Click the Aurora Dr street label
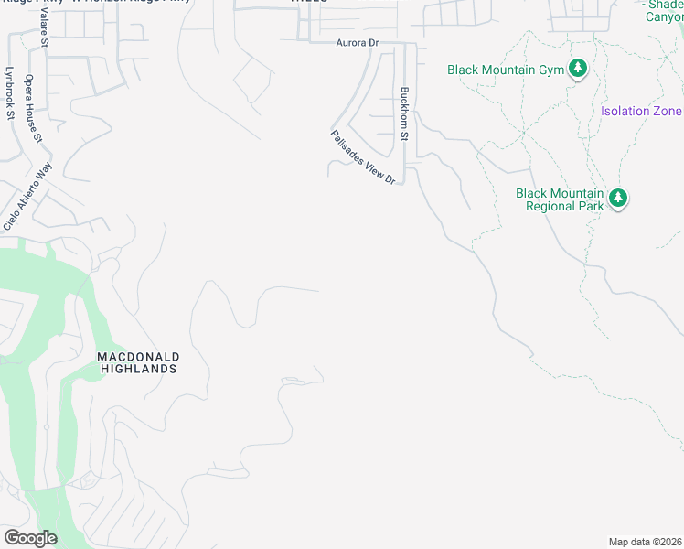[x=357, y=43]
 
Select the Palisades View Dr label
[x=363, y=156]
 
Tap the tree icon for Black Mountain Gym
[x=577, y=69]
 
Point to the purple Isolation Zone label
[x=641, y=112]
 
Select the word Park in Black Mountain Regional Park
[x=590, y=206]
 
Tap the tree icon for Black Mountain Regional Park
[x=618, y=199]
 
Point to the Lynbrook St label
[x=10, y=92]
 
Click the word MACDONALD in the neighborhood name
[x=139, y=356]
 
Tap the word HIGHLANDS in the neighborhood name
[x=139, y=369]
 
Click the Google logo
[x=30, y=537]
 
